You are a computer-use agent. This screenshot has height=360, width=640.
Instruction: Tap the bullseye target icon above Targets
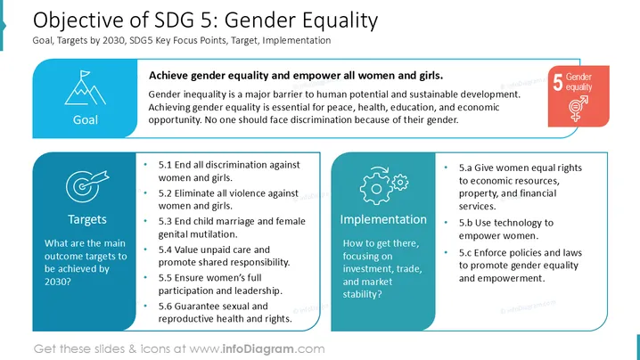[x=86, y=186]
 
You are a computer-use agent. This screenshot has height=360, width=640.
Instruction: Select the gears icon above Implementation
[x=383, y=185]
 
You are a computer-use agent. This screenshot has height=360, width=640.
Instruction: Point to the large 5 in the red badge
[x=558, y=83]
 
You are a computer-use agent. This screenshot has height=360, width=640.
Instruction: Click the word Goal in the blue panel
[x=86, y=119]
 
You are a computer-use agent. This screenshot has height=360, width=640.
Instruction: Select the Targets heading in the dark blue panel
[x=87, y=219]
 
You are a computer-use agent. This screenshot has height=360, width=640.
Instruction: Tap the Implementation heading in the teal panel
[x=383, y=219]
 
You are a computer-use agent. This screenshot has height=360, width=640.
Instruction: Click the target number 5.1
[x=165, y=165]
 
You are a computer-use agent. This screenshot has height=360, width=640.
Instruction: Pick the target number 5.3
[x=165, y=221]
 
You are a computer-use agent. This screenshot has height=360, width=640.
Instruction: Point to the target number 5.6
[x=165, y=307]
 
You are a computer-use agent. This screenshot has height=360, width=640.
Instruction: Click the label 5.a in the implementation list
[x=465, y=168]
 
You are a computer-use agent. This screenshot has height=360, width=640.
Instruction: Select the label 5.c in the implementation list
[x=465, y=253]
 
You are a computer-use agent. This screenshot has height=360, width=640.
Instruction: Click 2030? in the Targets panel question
[x=58, y=282]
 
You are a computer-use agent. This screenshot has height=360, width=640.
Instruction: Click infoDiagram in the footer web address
[x=258, y=349]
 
